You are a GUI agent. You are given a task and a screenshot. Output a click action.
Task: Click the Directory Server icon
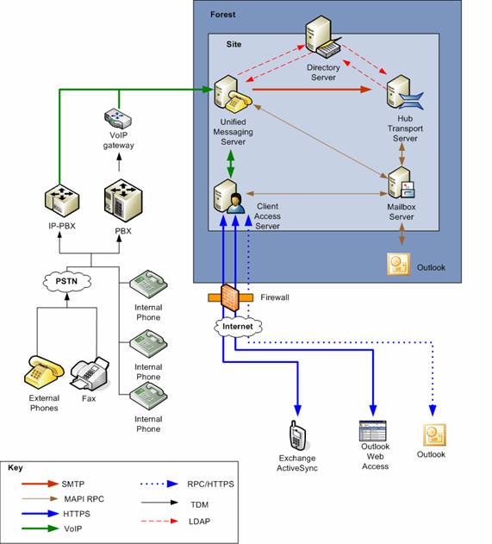[323, 37]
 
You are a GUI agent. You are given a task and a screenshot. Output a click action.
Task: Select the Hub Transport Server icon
[404, 92]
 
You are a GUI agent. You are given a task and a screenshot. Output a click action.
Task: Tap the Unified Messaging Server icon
[233, 94]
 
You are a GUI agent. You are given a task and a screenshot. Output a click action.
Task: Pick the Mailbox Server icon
[401, 183]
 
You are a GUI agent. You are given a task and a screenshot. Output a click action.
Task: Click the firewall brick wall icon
[230, 297]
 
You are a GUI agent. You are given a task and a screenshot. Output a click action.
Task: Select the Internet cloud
[238, 327]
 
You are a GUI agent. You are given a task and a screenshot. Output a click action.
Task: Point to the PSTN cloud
[66, 281]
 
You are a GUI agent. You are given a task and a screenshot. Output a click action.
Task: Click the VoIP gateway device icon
[118, 118]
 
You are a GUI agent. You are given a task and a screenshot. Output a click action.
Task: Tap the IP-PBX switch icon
[62, 202]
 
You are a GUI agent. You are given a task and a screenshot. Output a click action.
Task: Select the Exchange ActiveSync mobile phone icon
[297, 435]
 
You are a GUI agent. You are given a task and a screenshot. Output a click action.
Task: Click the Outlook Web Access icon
[372, 431]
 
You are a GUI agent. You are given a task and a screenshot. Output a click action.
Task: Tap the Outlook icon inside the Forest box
[398, 265]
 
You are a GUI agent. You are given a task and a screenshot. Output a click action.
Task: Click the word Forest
[222, 15]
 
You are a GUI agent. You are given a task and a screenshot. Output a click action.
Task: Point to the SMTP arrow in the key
[40, 484]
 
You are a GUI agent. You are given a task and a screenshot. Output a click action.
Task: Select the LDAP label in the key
[199, 522]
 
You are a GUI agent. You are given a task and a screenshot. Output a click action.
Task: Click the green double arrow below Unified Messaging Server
[231, 164]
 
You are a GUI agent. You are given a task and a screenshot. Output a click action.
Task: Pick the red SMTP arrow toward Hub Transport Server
[312, 90]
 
